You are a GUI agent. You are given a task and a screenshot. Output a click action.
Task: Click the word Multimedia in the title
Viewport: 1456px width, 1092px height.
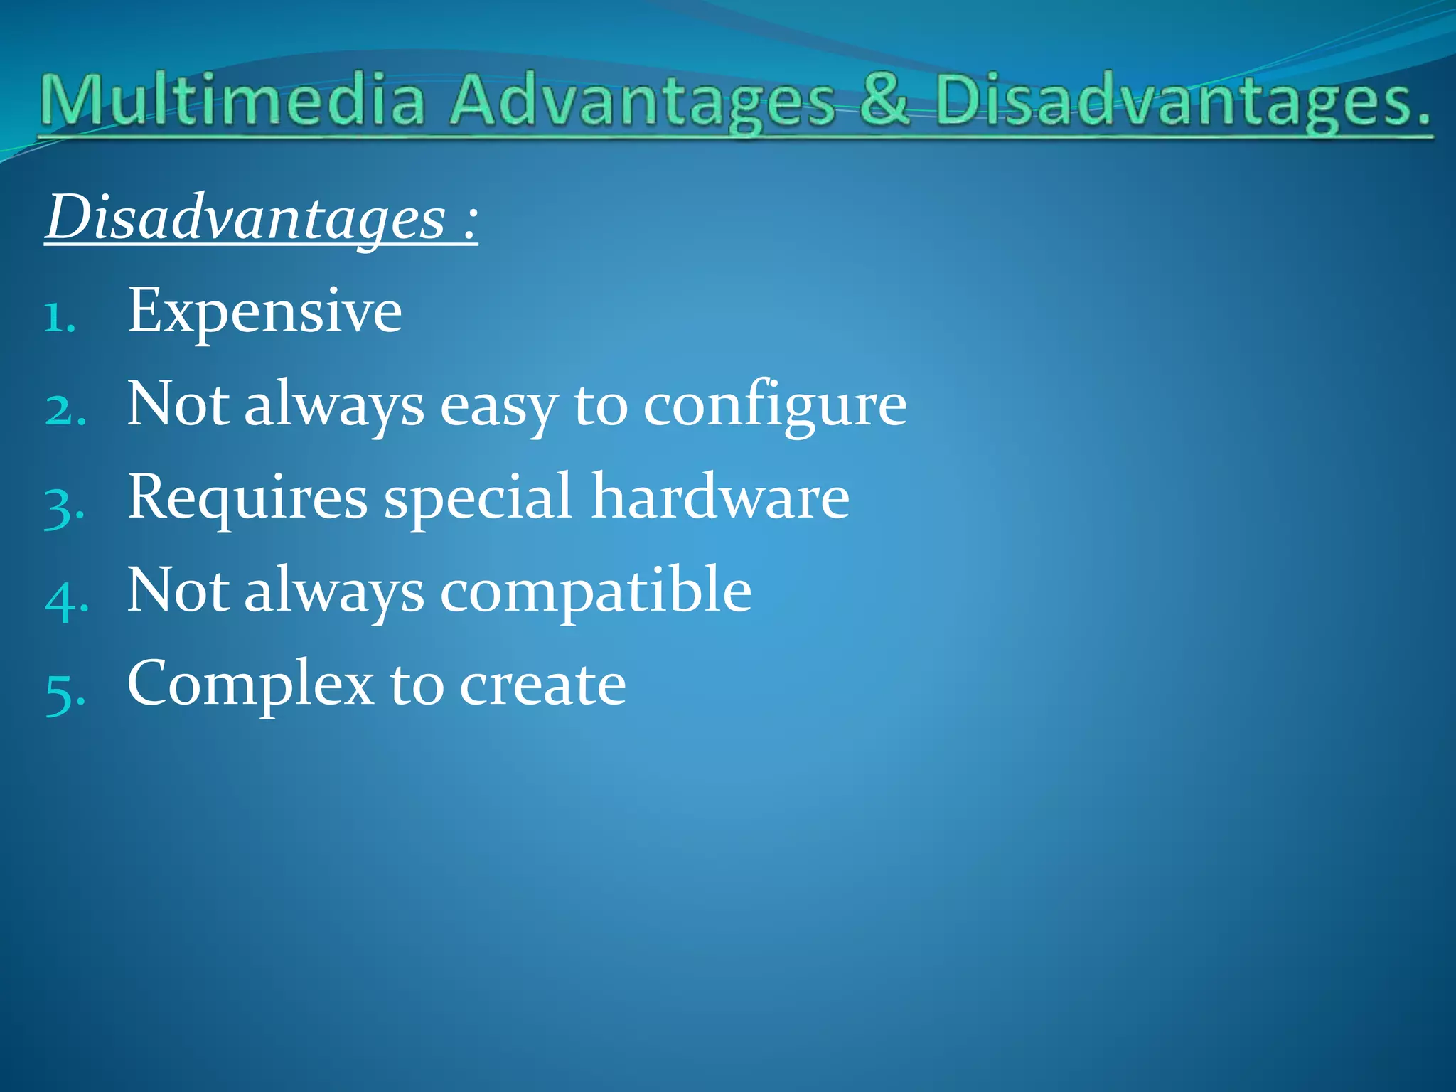(x=233, y=101)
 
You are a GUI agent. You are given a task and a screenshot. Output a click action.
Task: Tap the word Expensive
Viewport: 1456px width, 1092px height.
(x=264, y=311)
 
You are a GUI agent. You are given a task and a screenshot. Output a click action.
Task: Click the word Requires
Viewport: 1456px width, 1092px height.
(x=247, y=498)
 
